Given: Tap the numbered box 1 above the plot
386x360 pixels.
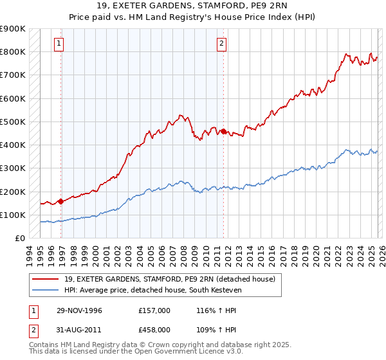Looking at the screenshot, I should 59,44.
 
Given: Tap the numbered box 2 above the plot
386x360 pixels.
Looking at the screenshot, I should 221,44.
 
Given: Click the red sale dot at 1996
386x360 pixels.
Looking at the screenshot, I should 61,201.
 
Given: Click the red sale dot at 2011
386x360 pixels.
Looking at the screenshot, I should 223,131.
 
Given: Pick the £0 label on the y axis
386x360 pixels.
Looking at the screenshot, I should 19,239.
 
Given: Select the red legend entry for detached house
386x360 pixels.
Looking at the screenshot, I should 170,279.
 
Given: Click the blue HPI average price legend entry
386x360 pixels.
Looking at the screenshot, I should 161,290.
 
